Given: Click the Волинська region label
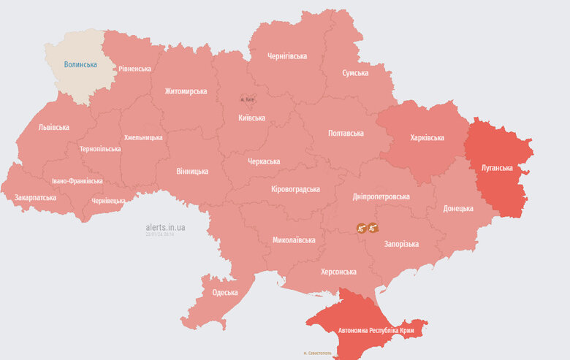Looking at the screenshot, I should click(x=80, y=65).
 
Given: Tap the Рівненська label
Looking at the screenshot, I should click(x=135, y=69).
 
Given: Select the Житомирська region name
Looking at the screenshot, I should click(x=186, y=91).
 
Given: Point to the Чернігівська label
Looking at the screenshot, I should click(x=287, y=56).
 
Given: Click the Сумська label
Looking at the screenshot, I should click(x=355, y=73).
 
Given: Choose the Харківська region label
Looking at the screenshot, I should click(x=427, y=137).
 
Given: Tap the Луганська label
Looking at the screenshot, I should click(x=497, y=167).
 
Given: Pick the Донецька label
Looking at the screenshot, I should click(x=458, y=209).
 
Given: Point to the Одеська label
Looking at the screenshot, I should click(x=225, y=293).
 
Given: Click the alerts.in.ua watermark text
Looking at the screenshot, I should click(x=165, y=227).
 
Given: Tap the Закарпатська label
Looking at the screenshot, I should click(x=36, y=198).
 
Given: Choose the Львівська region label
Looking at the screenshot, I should click(x=54, y=127).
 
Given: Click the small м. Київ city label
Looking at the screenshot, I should click(x=248, y=99).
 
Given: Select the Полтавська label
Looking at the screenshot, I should click(x=346, y=134).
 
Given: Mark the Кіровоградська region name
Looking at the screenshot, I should click(x=295, y=190).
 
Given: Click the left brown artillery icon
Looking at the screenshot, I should click(x=361, y=228).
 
